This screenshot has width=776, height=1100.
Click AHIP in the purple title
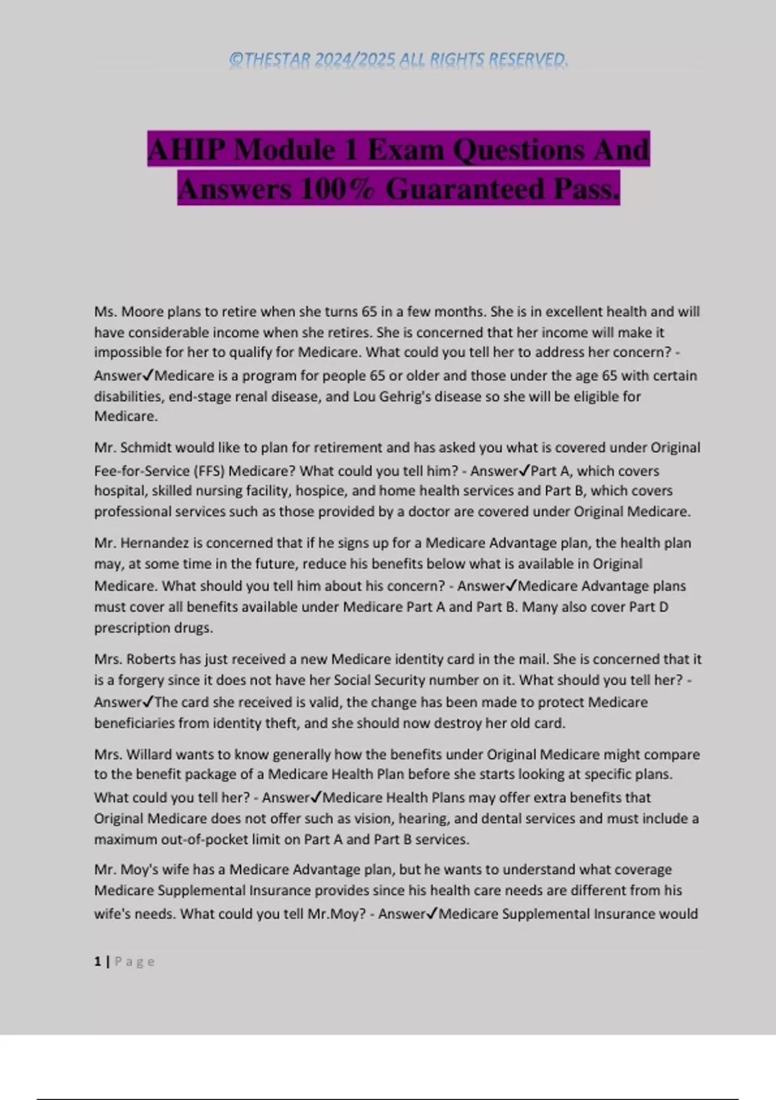pyautogui.click(x=187, y=150)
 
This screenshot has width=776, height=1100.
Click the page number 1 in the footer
pyautogui.click(x=98, y=962)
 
